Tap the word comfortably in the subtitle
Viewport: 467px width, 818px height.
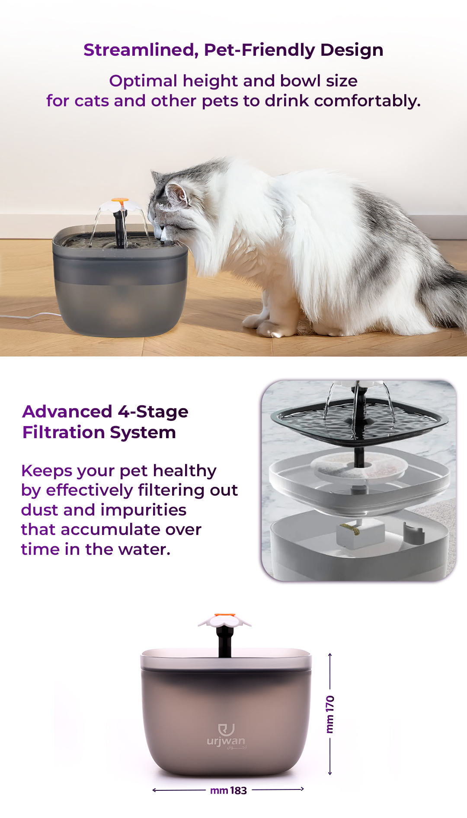coord(367,101)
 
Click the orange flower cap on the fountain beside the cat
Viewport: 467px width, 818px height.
coord(120,200)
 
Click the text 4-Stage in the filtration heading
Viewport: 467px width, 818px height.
coord(153,412)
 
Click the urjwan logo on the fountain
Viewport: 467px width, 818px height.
coord(226,736)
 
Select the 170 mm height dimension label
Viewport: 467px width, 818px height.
coord(330,714)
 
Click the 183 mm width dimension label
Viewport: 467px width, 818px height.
coord(228,790)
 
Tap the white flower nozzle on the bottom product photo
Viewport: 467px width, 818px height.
coord(225,621)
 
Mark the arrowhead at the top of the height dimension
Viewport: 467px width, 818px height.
coord(330,654)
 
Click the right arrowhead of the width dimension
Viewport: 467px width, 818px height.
coord(302,789)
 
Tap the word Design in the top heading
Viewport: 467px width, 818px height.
coord(352,51)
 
